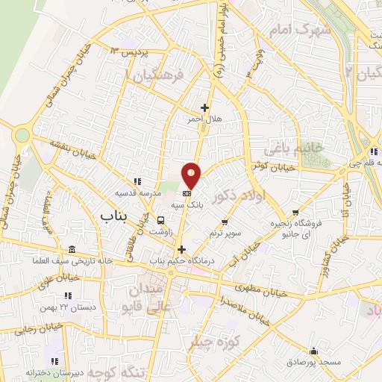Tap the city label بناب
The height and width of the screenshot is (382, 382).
point(114,215)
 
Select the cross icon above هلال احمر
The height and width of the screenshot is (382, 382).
point(204,107)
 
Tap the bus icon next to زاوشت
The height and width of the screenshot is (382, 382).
point(161,220)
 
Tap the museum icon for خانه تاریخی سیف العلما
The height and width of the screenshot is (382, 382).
point(72,249)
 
